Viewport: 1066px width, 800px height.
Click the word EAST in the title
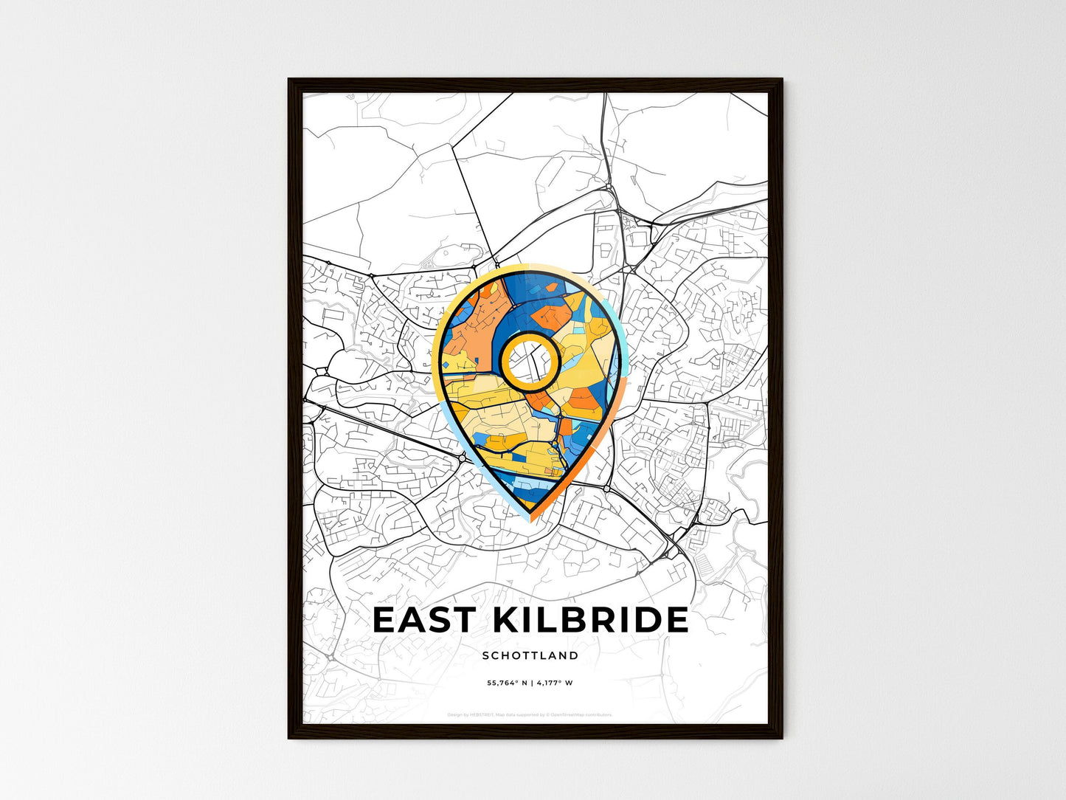point(423,620)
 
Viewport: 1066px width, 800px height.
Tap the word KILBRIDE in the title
point(589,620)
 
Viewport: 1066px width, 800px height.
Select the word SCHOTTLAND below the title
point(530,655)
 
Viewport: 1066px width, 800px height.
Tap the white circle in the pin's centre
point(529,360)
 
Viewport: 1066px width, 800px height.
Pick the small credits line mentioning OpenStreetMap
point(530,714)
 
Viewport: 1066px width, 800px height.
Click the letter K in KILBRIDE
point(506,620)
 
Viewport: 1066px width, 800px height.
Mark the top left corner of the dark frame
point(289,80)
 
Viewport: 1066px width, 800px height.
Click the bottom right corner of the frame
point(781,737)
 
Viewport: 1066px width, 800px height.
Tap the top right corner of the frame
point(781,80)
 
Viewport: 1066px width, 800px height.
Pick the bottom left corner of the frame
point(289,737)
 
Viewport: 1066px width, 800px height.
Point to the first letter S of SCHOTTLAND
point(485,655)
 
